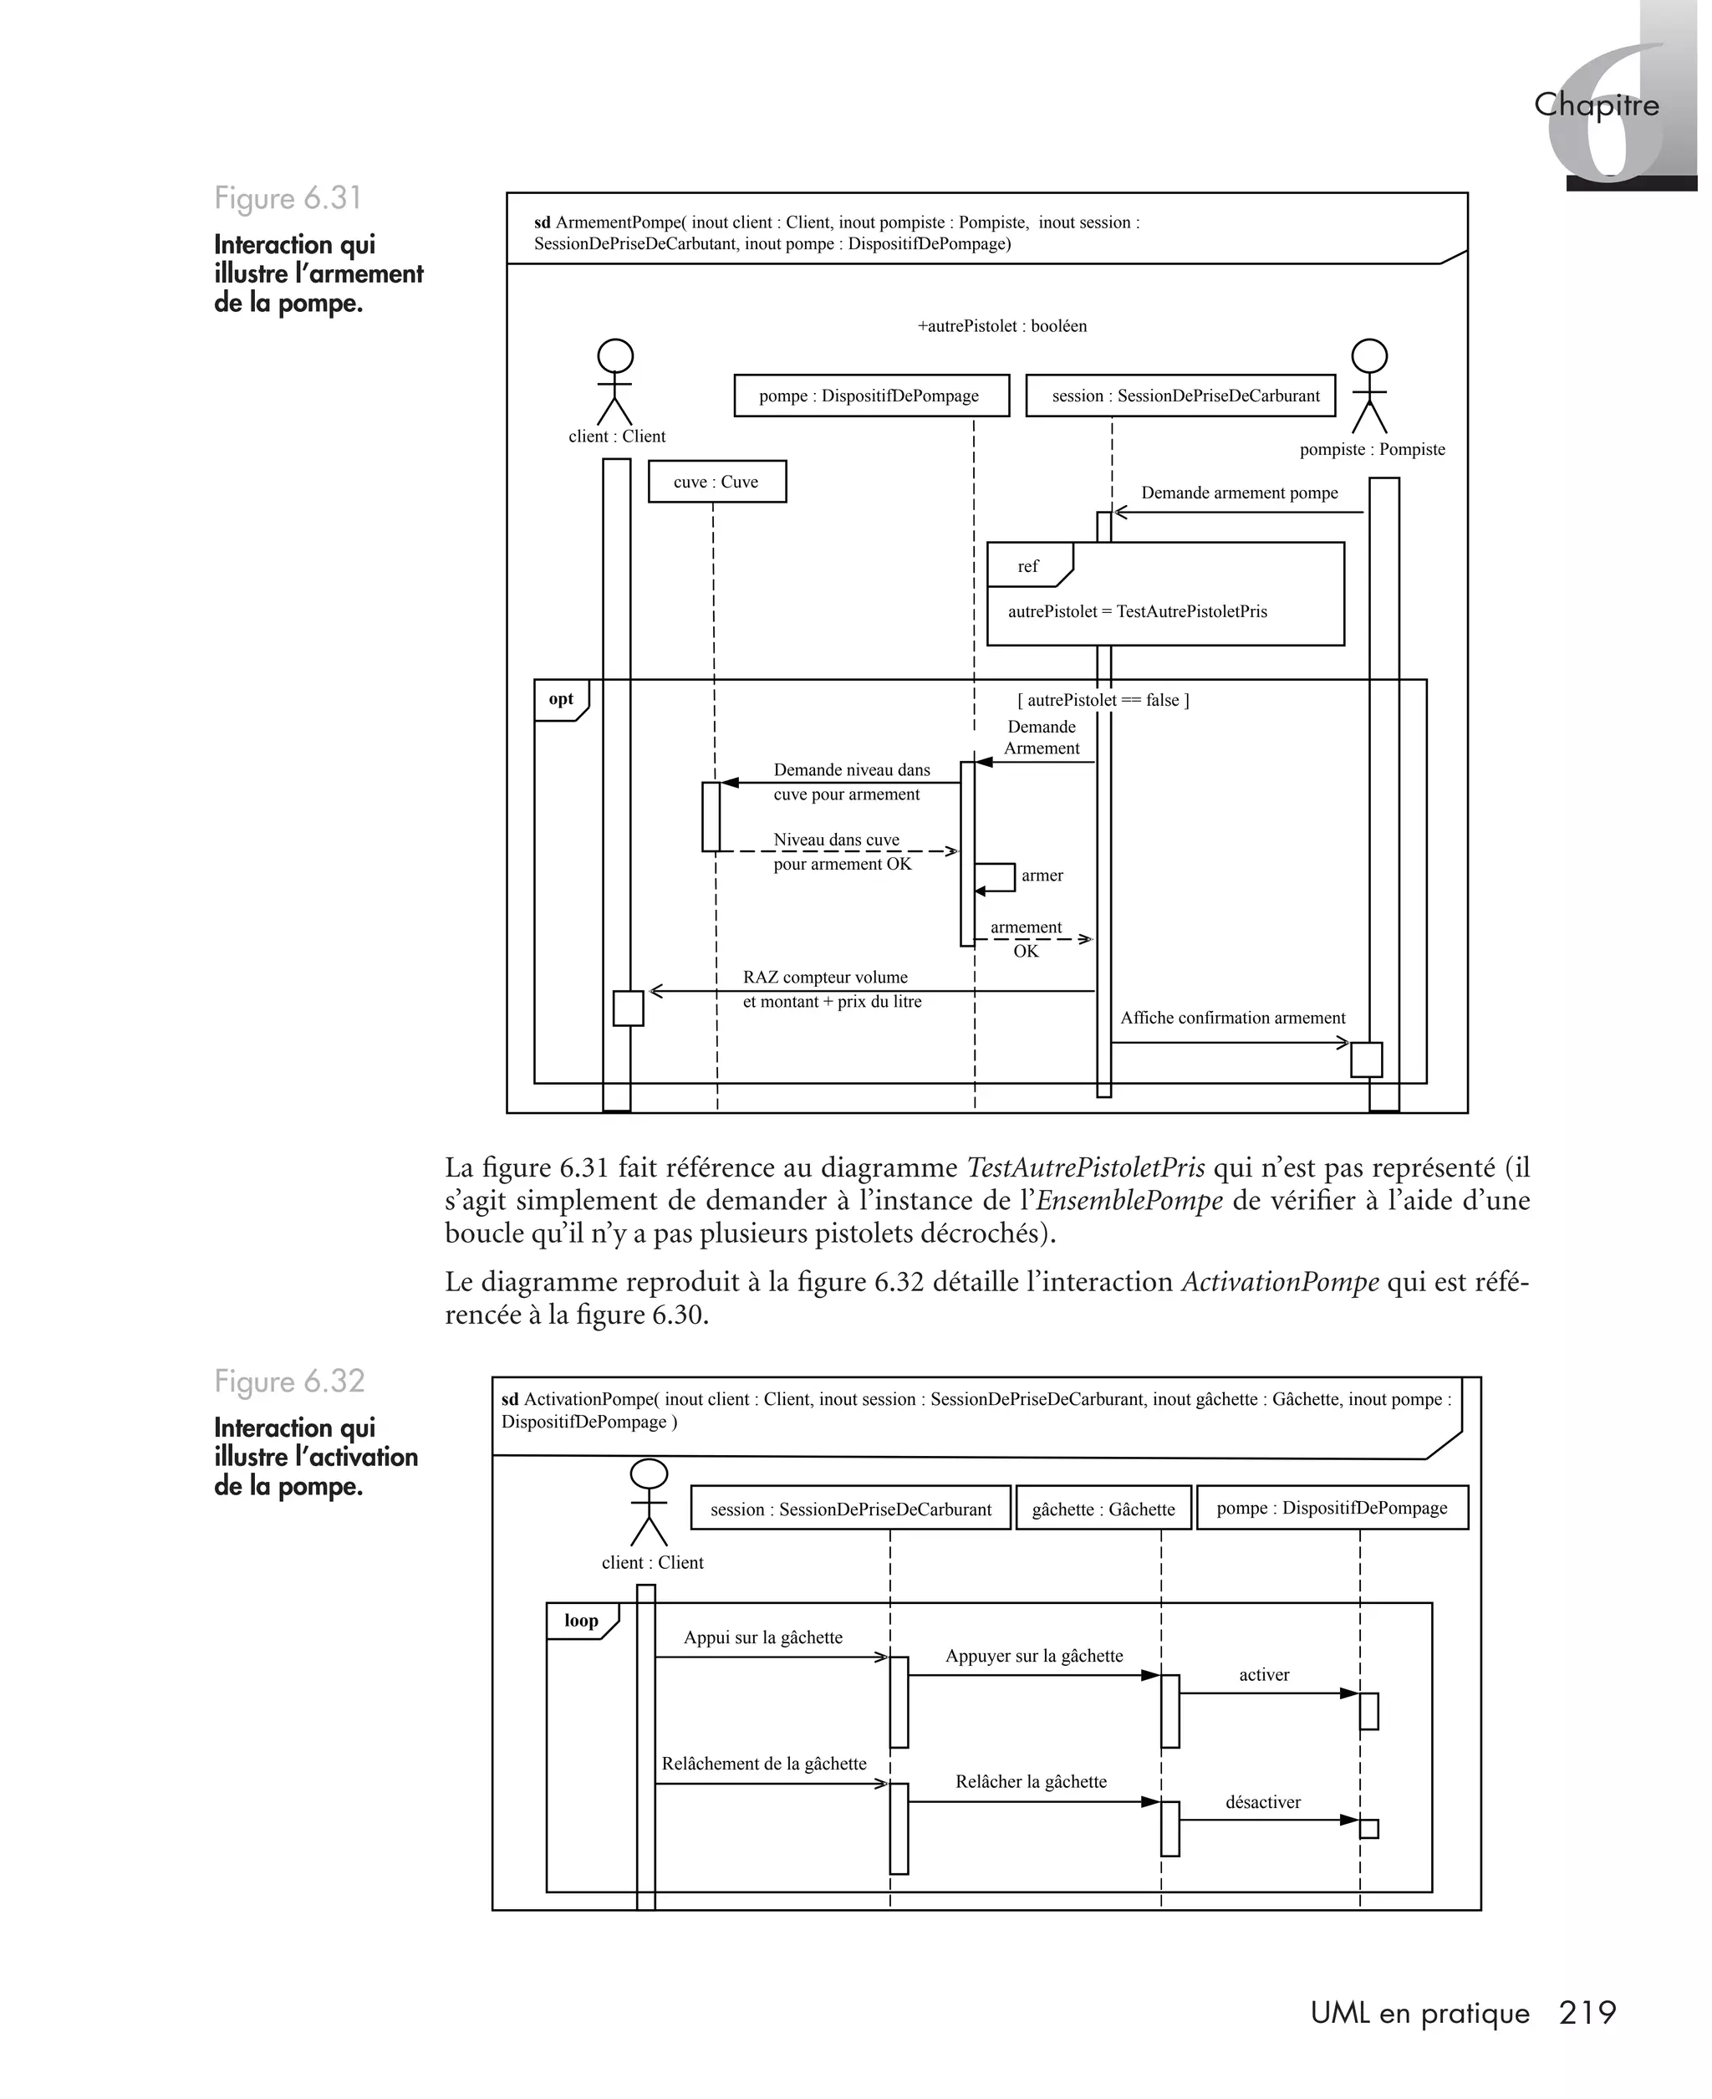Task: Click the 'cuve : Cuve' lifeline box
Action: pyautogui.click(x=717, y=482)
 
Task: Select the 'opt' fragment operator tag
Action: pyautogui.click(x=561, y=699)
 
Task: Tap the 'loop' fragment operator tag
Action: pyautogui.click(x=581, y=1621)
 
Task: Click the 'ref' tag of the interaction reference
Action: pyautogui.click(x=1027, y=566)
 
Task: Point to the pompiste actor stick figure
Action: pyautogui.click(x=1368, y=386)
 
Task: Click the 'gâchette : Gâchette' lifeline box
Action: pyautogui.click(x=1103, y=1509)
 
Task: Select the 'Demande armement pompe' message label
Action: pyautogui.click(x=1240, y=493)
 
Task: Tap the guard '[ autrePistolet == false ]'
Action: pyautogui.click(x=1103, y=699)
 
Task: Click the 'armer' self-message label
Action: pyautogui.click(x=1042, y=875)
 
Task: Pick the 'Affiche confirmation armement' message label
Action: pyautogui.click(x=1233, y=1018)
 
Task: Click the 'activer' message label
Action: pyautogui.click(x=1264, y=1675)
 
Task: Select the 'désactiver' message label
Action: pyautogui.click(x=1263, y=1802)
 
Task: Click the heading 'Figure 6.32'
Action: pyautogui.click(x=290, y=1381)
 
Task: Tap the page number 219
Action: pyautogui.click(x=1587, y=2012)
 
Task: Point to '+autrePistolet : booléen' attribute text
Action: pyautogui.click(x=1002, y=325)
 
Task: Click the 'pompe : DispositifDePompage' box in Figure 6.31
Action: pyautogui.click(x=871, y=396)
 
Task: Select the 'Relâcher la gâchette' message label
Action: pyautogui.click(x=1031, y=1781)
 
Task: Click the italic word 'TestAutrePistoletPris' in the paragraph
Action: pyautogui.click(x=1086, y=1168)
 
